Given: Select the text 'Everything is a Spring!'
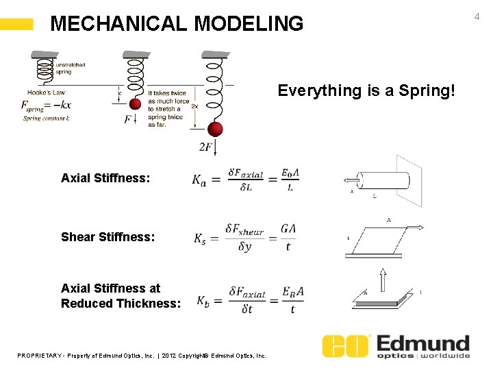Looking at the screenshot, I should coord(366,90).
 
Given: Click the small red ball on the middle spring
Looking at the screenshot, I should coord(135,104).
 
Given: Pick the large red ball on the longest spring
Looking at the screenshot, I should coord(215,129).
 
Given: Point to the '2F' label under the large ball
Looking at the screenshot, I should coord(205,147).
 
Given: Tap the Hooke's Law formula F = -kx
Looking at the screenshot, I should coord(47,106).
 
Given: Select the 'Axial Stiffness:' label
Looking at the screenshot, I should coord(105,178).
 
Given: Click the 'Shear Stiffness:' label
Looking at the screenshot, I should coord(108,237).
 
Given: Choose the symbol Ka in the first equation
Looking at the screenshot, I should coord(199,180).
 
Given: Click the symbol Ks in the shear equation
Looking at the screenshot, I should coord(199,238).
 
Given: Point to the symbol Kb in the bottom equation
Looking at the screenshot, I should coord(203,300).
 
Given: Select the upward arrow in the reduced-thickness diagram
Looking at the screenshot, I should coord(383,280).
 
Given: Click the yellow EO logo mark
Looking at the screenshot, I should coord(346,347).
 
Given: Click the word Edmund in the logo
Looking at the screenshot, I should coord(423,343).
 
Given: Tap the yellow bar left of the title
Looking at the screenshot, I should coord(16,25).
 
